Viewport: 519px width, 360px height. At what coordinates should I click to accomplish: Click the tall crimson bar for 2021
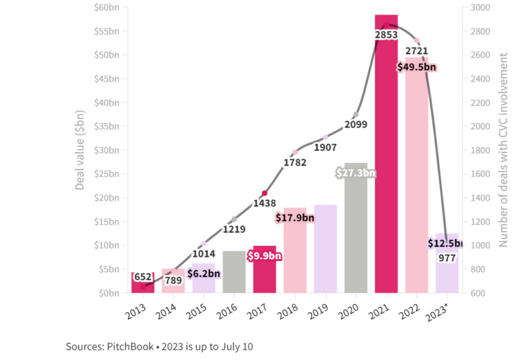[387, 169]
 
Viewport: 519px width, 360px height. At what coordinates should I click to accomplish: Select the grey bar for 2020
[355, 236]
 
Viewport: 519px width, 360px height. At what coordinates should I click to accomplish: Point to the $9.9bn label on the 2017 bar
[264, 256]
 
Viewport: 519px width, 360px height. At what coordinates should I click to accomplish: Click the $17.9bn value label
[295, 217]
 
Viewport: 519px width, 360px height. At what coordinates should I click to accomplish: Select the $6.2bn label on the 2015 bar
[203, 274]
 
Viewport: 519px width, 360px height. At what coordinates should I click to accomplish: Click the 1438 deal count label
[264, 203]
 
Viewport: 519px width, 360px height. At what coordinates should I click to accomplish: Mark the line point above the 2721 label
[417, 41]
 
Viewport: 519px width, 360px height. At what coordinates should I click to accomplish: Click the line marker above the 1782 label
[295, 152]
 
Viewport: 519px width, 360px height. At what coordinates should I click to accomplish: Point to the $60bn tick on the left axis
[108, 7]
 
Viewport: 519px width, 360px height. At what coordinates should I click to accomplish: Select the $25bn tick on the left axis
[108, 174]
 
